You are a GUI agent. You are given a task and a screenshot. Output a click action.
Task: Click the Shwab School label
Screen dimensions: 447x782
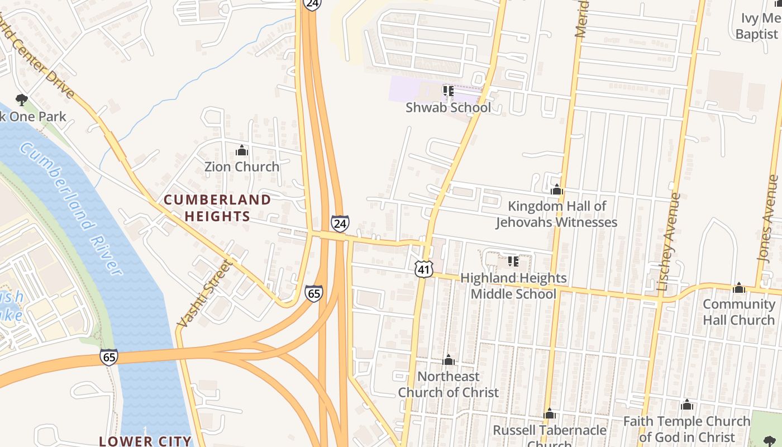pyautogui.click(x=448, y=108)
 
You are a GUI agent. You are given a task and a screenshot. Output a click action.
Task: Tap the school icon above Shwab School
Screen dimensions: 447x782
pyautogui.click(x=448, y=91)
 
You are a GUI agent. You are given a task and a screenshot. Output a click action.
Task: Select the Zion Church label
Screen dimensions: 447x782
pyautogui.click(x=241, y=167)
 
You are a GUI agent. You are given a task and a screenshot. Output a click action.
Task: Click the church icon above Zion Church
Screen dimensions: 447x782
pyautogui.click(x=242, y=150)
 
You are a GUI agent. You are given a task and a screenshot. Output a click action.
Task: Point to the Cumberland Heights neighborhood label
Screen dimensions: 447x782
pyautogui.click(x=217, y=208)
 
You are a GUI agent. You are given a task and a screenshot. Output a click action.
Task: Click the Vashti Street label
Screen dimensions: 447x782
pyautogui.click(x=203, y=294)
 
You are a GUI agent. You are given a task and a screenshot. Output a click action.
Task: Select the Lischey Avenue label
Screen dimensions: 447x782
pyautogui.click(x=669, y=242)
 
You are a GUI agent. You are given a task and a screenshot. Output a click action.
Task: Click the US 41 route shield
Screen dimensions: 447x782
pyautogui.click(x=424, y=270)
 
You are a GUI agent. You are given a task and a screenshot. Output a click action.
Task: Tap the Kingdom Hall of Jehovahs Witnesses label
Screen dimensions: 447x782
pyautogui.click(x=557, y=214)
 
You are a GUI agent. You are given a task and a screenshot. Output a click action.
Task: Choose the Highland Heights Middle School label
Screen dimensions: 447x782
pyautogui.click(x=513, y=286)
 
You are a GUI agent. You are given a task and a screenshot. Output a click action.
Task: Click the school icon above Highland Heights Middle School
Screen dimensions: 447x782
pyautogui.click(x=513, y=261)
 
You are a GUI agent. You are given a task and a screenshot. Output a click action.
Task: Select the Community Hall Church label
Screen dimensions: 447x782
pyautogui.click(x=738, y=312)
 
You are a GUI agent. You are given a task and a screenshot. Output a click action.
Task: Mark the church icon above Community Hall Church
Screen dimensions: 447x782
pyautogui.click(x=739, y=288)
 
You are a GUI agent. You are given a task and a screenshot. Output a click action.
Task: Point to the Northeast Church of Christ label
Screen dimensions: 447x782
pyautogui.click(x=448, y=384)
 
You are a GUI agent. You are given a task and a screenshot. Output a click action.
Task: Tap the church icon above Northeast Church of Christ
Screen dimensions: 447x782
pyautogui.click(x=449, y=360)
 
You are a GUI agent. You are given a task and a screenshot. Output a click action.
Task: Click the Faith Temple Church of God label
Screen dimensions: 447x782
pyautogui.click(x=686, y=429)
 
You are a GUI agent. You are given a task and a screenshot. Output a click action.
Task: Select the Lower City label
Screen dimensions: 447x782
pyautogui.click(x=145, y=441)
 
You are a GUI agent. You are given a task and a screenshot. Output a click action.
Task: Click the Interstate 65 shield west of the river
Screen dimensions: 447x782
pyautogui.click(x=109, y=356)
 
